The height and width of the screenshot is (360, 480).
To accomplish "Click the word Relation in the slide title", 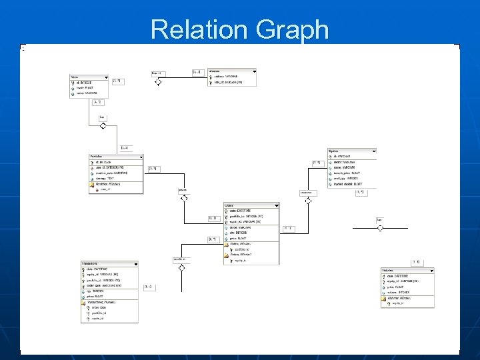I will click(x=193, y=30).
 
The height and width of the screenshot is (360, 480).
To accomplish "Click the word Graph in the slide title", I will click(x=295, y=30).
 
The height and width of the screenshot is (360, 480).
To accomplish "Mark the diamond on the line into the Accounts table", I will click(x=158, y=82).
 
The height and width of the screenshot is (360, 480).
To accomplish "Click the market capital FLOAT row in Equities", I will click(x=348, y=185).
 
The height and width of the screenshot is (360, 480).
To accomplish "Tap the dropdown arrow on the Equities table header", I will click(x=373, y=151).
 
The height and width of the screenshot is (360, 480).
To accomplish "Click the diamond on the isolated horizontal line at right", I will click(x=380, y=227).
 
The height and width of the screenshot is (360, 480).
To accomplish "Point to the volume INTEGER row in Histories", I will click(x=399, y=291).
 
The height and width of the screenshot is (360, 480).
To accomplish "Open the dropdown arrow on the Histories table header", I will click(x=431, y=271).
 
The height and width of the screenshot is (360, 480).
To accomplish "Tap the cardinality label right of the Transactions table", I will click(x=147, y=287).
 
